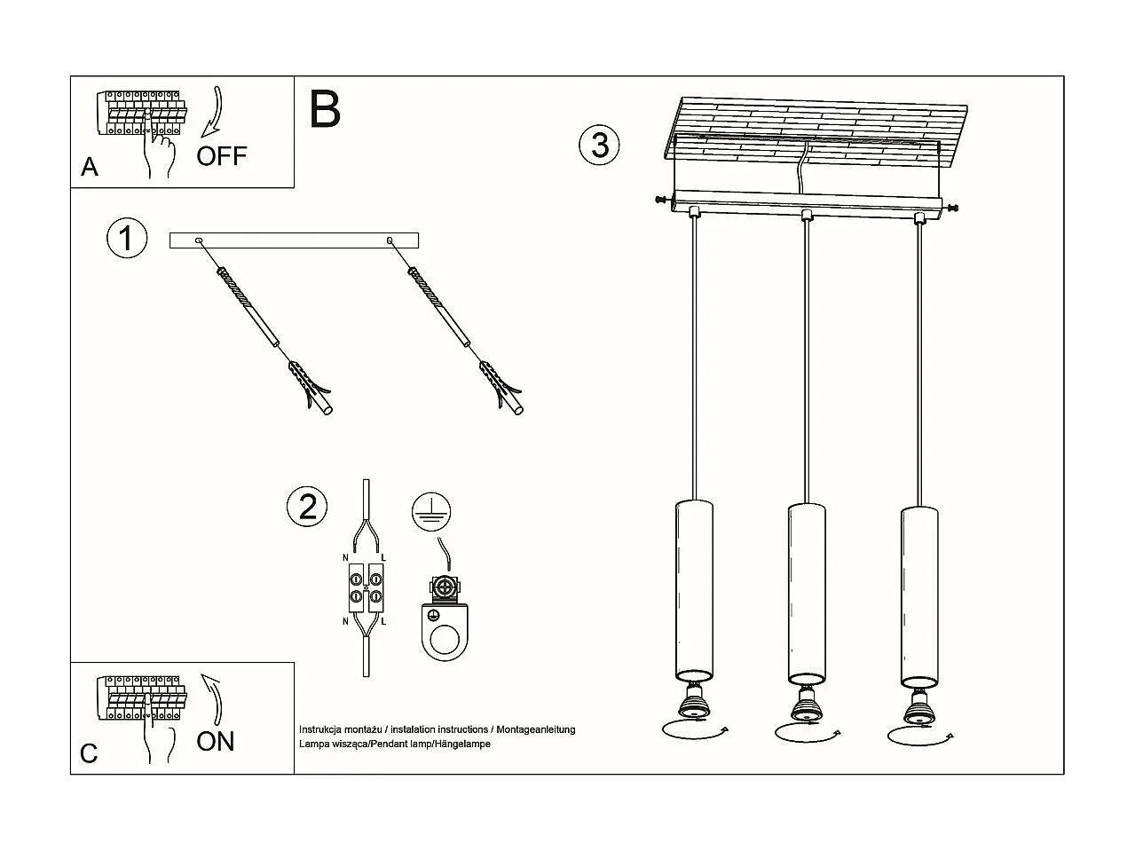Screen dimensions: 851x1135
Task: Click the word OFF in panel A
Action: point(221,156)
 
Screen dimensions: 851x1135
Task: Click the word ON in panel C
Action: point(216,741)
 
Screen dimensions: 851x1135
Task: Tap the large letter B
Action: point(325,110)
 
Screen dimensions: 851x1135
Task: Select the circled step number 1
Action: point(126,239)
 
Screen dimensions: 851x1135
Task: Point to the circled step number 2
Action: point(307,507)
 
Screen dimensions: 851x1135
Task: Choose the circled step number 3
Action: point(600,145)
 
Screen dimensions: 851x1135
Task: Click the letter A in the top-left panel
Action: point(89,167)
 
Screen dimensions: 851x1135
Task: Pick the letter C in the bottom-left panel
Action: point(89,753)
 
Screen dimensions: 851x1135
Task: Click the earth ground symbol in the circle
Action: point(431,510)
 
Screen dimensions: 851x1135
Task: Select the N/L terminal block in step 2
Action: point(365,587)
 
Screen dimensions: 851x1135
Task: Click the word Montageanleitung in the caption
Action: point(536,729)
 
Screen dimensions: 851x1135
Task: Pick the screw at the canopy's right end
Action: point(954,209)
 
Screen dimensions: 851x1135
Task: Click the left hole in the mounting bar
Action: point(199,240)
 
